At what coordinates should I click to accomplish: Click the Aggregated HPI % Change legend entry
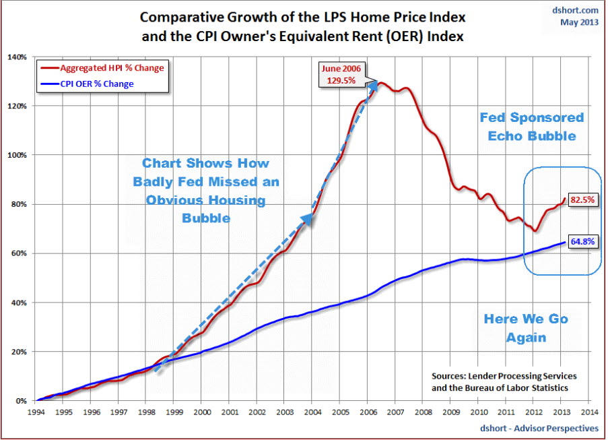click(x=112, y=68)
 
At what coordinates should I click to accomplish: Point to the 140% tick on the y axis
click(x=18, y=57)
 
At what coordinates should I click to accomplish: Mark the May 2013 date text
click(x=579, y=22)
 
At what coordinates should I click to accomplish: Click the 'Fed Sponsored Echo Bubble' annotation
click(x=532, y=127)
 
